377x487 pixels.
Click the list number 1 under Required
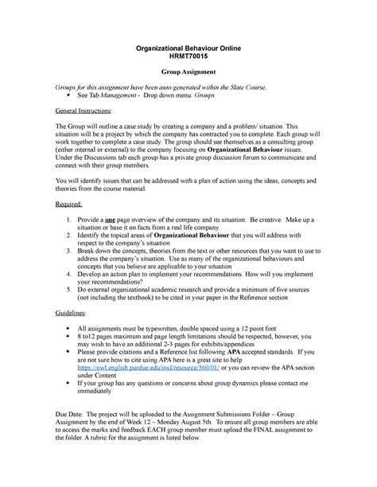click(71, 218)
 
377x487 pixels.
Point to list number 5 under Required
click(71, 289)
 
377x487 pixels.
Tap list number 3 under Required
click(71, 250)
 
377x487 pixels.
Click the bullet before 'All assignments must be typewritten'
click(73, 328)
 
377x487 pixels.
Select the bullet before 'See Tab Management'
click(73, 95)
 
